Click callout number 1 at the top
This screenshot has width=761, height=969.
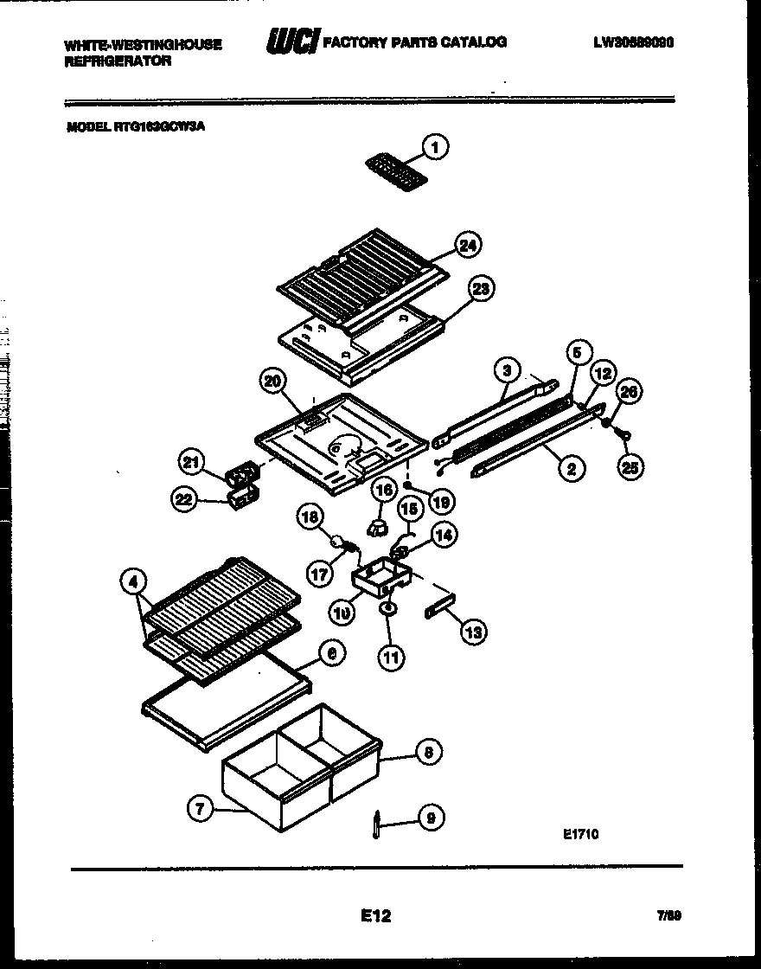coord(434,148)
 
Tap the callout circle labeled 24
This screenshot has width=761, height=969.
coord(468,245)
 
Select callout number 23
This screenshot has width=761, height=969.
coord(480,289)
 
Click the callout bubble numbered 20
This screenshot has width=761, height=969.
coord(273,381)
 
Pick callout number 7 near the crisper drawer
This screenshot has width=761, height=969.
coord(201,809)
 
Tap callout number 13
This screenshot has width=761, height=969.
coord(473,632)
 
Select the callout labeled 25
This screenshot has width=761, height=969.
coord(631,468)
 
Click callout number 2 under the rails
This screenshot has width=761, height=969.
coord(571,469)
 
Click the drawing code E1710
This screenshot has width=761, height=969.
coord(580,835)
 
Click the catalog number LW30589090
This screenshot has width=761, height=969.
coord(633,42)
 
